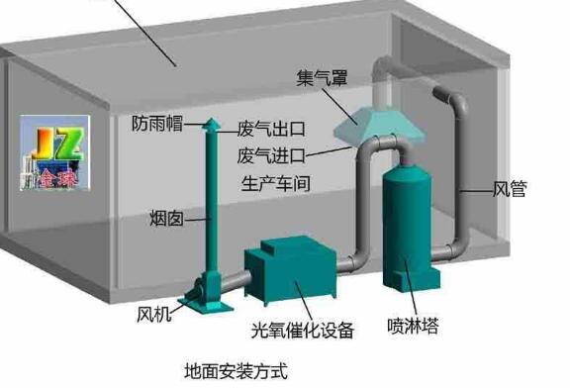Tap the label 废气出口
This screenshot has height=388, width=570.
pos(270,130)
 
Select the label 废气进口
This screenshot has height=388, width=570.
pos(270,155)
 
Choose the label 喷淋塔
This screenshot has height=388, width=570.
pos(414,323)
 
